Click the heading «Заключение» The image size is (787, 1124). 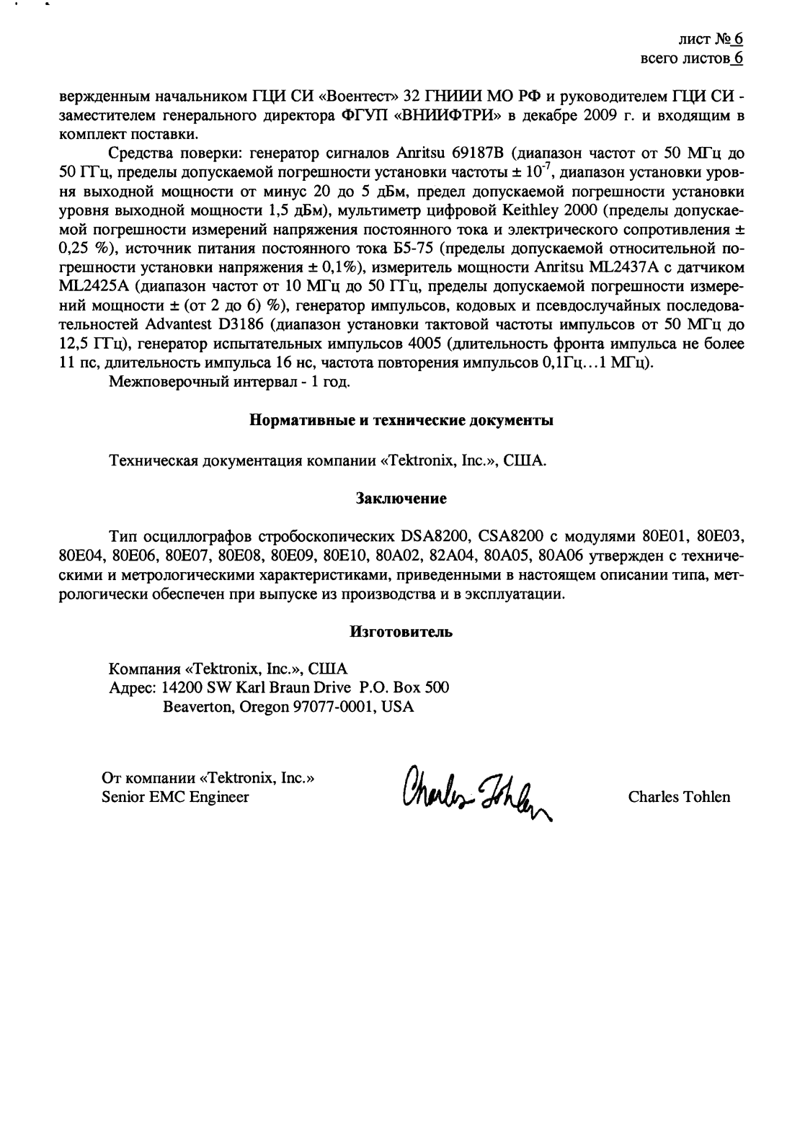pyautogui.click(x=401, y=499)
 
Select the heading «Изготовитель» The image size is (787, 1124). pyautogui.click(x=401, y=632)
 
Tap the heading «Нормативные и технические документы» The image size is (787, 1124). pyautogui.click(x=401, y=421)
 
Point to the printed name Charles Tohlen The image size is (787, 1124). pyautogui.click(x=679, y=797)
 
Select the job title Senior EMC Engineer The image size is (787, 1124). pyautogui.click(x=176, y=797)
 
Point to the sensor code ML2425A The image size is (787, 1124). pyautogui.click(x=94, y=285)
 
